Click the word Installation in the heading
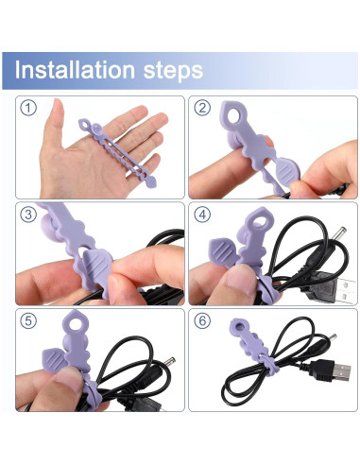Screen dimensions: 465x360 pos(76,70)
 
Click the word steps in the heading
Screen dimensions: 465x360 pos(170,70)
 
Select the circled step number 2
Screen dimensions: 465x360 pos(201,108)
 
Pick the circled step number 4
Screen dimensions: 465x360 pos(201,215)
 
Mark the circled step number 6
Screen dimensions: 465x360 pos(201,321)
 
